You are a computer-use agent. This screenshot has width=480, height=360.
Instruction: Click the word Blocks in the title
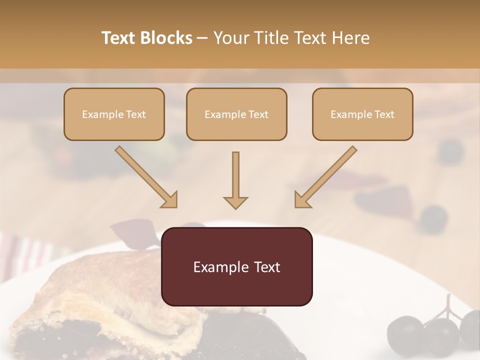tap(167, 38)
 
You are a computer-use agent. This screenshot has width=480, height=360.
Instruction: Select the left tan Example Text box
tap(114, 114)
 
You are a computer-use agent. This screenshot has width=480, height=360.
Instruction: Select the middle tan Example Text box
tap(236, 114)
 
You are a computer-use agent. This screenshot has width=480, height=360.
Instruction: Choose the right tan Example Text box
tap(362, 114)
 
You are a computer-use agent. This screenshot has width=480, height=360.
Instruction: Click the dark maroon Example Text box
tap(236, 266)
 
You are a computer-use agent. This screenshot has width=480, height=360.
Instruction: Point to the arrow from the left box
tap(146, 177)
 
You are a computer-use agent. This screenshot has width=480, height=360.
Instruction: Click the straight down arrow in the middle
tap(235, 180)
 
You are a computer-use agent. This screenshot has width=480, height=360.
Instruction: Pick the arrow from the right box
tap(325, 177)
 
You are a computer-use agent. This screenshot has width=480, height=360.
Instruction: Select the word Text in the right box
tap(384, 114)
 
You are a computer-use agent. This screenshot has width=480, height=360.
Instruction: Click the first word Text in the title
tap(118, 38)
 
